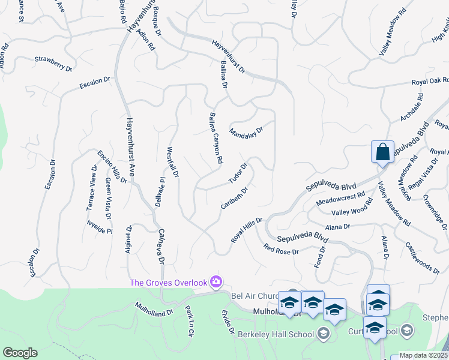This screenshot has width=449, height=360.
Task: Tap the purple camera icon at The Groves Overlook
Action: (216, 282)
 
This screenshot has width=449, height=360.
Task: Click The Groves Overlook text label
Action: (169, 283)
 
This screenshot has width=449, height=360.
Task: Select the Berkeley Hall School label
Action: (276, 334)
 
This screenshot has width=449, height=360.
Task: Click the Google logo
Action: (20, 353)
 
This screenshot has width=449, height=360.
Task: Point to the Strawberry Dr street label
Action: (53, 64)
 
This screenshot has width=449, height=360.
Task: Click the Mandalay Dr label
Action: (246, 130)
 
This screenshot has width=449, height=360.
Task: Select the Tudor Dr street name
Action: (238, 174)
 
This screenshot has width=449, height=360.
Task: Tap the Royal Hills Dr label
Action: (247, 230)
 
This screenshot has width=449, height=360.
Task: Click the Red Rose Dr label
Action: (281, 248)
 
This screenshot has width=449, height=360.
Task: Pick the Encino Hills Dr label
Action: (113, 167)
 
